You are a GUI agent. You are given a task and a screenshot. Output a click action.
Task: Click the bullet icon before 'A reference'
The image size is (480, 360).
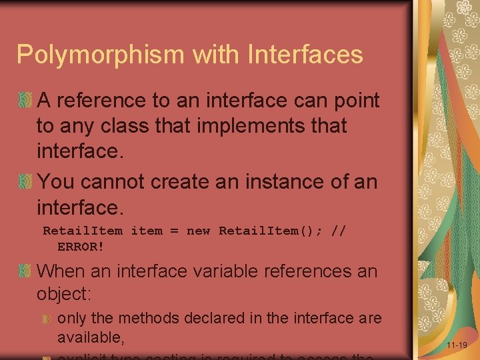click(25, 101)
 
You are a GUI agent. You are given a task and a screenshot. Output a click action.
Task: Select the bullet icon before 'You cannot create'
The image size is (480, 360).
click(25, 181)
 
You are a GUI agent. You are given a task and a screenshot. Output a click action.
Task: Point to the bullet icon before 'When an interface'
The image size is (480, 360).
click(25, 271)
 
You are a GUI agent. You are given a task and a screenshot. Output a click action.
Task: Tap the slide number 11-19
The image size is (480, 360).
click(457, 345)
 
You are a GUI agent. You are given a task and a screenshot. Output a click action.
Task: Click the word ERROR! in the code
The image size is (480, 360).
click(81, 246)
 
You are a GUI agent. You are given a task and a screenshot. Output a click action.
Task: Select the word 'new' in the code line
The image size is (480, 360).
click(198, 231)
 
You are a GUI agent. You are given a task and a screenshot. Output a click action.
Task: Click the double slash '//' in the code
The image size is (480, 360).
click(339, 231)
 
